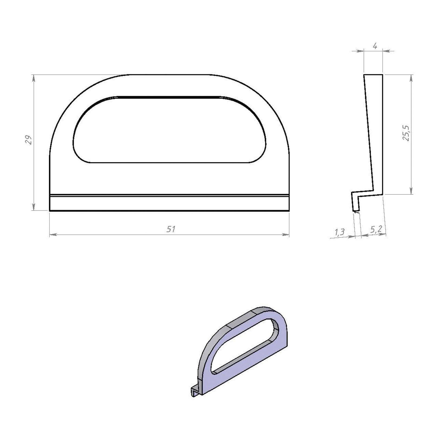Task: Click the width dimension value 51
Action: (170, 229)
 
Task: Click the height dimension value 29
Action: (28, 140)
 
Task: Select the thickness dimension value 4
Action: (375, 46)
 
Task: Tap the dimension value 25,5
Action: (406, 133)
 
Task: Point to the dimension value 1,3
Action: (340, 232)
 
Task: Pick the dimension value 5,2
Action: (376, 229)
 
